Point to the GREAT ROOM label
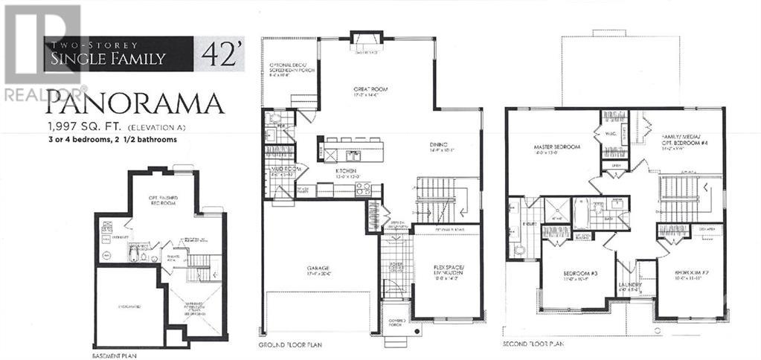(370, 89)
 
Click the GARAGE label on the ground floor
(320, 269)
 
